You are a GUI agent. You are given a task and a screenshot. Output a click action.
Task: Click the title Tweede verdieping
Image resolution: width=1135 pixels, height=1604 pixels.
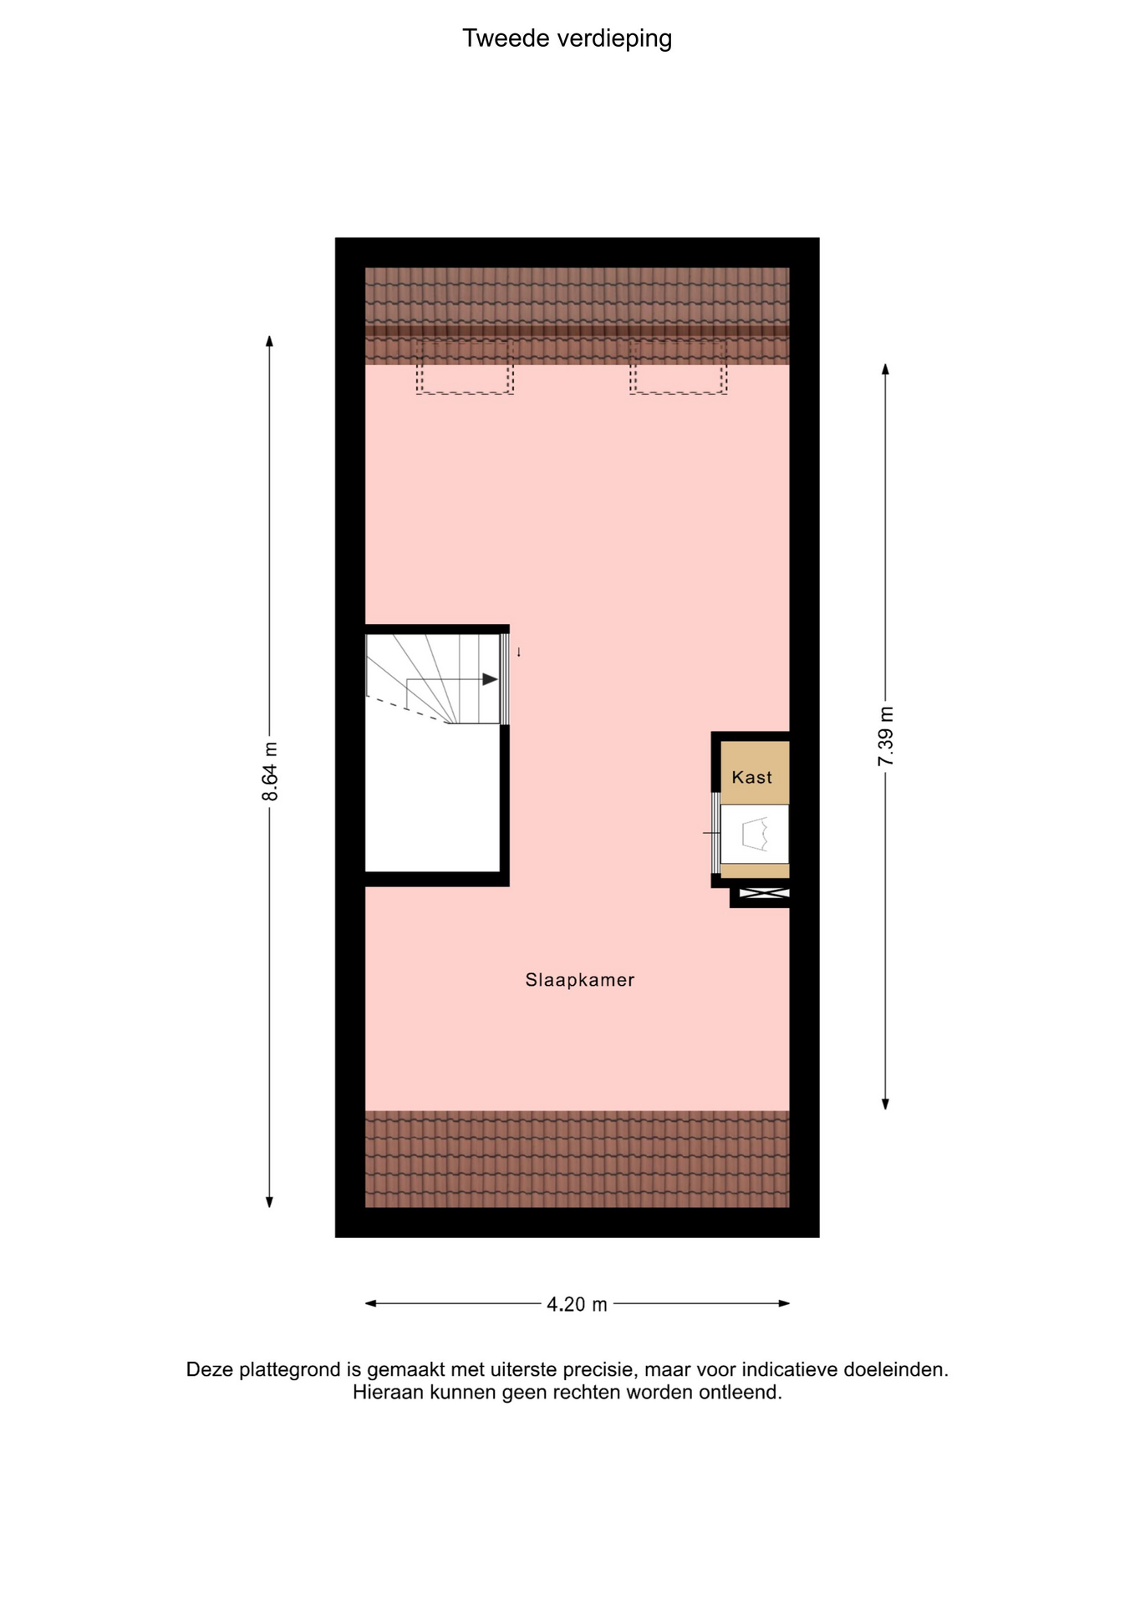[567, 38]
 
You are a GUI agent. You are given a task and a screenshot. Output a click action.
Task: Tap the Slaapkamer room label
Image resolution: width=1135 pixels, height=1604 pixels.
[580, 980]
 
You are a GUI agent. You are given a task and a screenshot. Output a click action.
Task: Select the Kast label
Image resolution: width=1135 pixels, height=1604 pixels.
[751, 777]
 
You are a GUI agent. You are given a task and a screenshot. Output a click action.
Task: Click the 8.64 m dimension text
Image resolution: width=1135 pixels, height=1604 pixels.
[270, 771]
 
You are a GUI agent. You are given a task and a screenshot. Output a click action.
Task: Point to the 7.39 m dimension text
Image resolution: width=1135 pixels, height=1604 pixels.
[886, 736]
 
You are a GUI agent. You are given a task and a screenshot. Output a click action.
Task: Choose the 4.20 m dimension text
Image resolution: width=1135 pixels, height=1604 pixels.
[577, 1304]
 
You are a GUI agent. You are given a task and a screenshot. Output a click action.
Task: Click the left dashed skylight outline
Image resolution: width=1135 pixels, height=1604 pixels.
[465, 367]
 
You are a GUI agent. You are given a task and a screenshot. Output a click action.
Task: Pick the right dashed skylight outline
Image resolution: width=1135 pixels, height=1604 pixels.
[678, 367]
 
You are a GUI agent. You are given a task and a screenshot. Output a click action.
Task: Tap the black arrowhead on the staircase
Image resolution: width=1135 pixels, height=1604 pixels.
[490, 679]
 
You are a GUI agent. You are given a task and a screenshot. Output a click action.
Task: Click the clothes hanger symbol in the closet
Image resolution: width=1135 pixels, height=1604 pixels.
[755, 834]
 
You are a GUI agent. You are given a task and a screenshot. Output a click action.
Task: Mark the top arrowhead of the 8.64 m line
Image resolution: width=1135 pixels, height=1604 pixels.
[269, 340]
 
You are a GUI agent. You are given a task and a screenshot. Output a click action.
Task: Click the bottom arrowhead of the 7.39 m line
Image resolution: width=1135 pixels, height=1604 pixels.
[886, 1104]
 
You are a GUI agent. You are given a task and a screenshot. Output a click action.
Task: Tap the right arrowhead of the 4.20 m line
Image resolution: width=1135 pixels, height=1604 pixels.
[784, 1303]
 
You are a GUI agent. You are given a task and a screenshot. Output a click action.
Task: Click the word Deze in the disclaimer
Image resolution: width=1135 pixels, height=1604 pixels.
[210, 1370]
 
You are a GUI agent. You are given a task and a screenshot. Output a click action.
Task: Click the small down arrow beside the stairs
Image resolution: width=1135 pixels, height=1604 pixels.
[518, 652]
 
